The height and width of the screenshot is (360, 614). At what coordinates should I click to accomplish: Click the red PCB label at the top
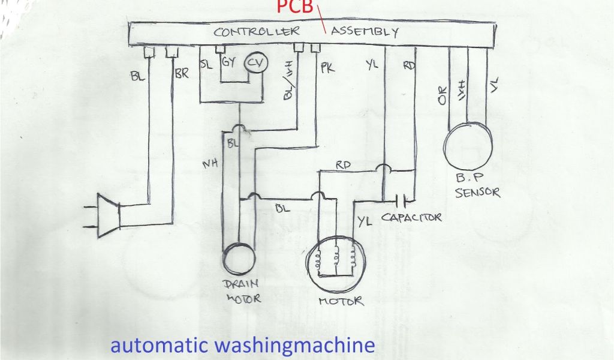tap(294, 7)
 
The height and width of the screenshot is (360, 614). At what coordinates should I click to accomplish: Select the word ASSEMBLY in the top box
tap(364, 32)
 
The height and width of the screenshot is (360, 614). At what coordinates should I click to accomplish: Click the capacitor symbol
tap(404, 199)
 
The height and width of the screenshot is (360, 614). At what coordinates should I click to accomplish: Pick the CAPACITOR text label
tap(411, 217)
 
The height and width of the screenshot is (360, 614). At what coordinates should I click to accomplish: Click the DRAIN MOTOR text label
tap(243, 290)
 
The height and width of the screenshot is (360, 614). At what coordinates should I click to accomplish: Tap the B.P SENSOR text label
tap(477, 185)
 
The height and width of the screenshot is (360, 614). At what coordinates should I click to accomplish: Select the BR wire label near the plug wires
tap(182, 76)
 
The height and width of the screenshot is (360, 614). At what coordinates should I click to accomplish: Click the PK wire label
tap(327, 68)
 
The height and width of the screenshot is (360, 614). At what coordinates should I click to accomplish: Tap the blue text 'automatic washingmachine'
tap(242, 346)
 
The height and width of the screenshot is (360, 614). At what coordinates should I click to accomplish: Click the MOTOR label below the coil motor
tap(341, 301)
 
